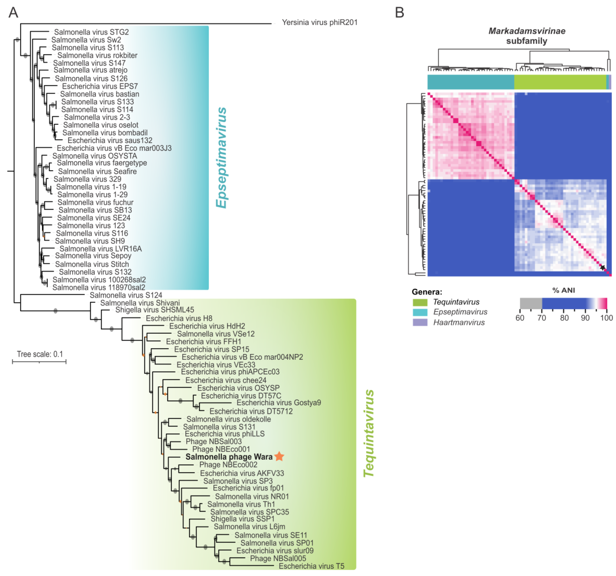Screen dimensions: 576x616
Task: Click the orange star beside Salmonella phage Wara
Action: [279, 456]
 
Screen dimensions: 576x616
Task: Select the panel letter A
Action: [13, 13]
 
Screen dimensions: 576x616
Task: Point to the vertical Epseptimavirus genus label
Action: [221, 158]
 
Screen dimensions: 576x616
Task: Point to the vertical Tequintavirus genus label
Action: [369, 434]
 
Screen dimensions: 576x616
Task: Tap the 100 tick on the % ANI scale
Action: [606, 318]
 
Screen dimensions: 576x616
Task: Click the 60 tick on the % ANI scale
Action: [520, 318]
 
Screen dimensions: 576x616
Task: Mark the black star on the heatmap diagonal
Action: [602, 268]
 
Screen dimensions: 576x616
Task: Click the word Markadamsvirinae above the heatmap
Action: [527, 31]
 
